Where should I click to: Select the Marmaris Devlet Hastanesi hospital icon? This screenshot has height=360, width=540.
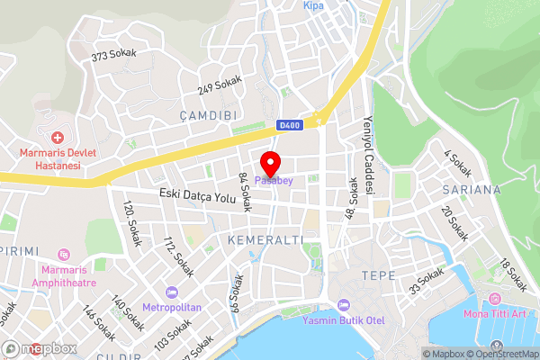tap(58, 138)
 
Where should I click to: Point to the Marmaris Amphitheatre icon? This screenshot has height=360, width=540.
tap(63, 255)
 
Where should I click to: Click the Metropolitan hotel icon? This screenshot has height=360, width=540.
tap(172, 292)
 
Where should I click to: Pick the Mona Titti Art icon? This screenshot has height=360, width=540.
tap(494, 299)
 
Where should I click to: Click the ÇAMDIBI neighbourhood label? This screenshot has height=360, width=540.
tap(207, 116)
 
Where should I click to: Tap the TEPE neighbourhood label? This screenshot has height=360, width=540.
tap(378, 274)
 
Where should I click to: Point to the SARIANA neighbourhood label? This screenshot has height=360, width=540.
tap(472, 190)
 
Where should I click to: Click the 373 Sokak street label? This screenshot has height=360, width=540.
tap(113, 55)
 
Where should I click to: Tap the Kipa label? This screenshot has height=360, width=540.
tap(313, 5)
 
